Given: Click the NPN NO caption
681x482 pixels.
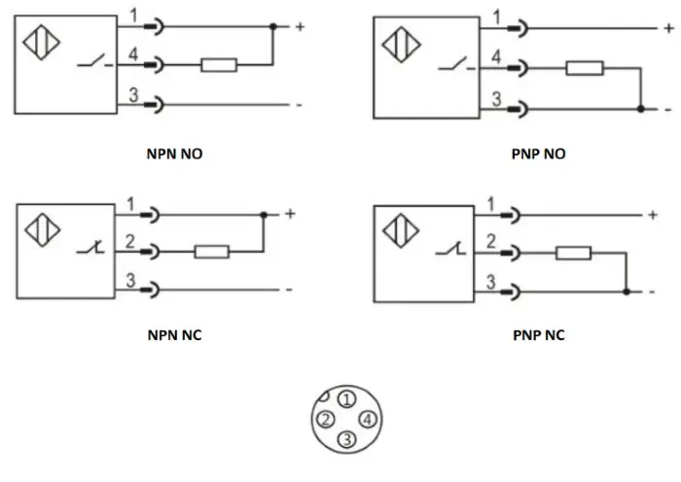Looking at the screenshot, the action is (174, 154).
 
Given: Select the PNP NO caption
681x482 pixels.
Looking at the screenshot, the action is (539, 154).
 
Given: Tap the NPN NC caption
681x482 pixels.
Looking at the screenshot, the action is (174, 335).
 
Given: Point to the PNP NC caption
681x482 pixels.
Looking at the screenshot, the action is (539, 335).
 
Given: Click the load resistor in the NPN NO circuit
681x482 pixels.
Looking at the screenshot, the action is (219, 65).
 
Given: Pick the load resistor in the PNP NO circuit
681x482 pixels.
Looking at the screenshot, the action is (585, 68).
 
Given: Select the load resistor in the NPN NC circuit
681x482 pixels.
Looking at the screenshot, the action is (212, 252).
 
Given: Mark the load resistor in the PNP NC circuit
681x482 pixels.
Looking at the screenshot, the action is (573, 253).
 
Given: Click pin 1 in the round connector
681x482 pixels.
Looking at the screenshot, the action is (346, 399).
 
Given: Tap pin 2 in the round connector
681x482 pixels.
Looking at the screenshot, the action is (326, 420).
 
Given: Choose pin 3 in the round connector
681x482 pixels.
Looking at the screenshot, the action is (346, 439).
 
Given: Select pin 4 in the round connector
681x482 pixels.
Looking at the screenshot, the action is (368, 420).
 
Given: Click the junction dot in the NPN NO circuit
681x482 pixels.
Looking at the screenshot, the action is (273, 26).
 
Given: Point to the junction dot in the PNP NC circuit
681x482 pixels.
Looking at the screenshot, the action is (627, 292).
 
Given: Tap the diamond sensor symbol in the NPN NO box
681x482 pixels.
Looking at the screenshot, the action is (41, 42).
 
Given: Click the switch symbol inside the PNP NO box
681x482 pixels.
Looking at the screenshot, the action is (456, 64).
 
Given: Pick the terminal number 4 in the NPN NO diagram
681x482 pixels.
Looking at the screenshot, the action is (133, 54).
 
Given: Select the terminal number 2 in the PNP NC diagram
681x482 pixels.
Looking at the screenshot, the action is (491, 241).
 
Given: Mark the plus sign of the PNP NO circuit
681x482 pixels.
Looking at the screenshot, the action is (669, 28).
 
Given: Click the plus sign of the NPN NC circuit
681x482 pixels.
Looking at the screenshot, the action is (290, 214).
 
